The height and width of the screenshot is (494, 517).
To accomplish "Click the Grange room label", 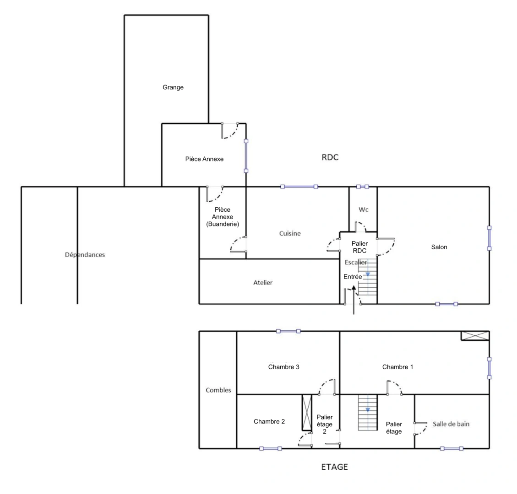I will click(x=173, y=87).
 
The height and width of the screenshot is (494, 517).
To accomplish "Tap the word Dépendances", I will click(x=85, y=255).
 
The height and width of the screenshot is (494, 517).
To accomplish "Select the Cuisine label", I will click(x=290, y=234).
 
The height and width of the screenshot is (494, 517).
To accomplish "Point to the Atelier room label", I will click(x=263, y=283).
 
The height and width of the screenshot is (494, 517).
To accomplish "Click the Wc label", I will click(x=364, y=210).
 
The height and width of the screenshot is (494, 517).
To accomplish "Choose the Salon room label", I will click(x=439, y=247).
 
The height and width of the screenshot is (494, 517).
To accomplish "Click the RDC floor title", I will click(x=330, y=157).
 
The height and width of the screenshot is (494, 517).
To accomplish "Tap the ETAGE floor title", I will click(x=334, y=467).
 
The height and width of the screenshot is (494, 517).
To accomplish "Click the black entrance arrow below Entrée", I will click(x=354, y=300).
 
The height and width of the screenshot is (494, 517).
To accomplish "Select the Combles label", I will click(x=218, y=390).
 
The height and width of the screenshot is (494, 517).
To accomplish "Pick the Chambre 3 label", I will click(x=284, y=367).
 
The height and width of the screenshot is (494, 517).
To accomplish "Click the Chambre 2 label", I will click(x=269, y=421).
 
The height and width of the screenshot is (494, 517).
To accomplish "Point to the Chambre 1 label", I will click(x=397, y=367).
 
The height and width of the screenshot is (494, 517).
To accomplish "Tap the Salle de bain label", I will click(x=451, y=424).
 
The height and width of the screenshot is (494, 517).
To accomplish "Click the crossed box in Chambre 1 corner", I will click(x=475, y=336).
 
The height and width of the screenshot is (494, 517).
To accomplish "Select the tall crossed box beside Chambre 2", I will click(x=307, y=412).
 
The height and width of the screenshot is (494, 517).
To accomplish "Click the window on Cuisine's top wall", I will click(x=299, y=187).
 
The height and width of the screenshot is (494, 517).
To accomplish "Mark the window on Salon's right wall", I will click(x=489, y=238).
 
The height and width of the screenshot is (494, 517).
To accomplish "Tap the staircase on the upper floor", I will click(x=367, y=412).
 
